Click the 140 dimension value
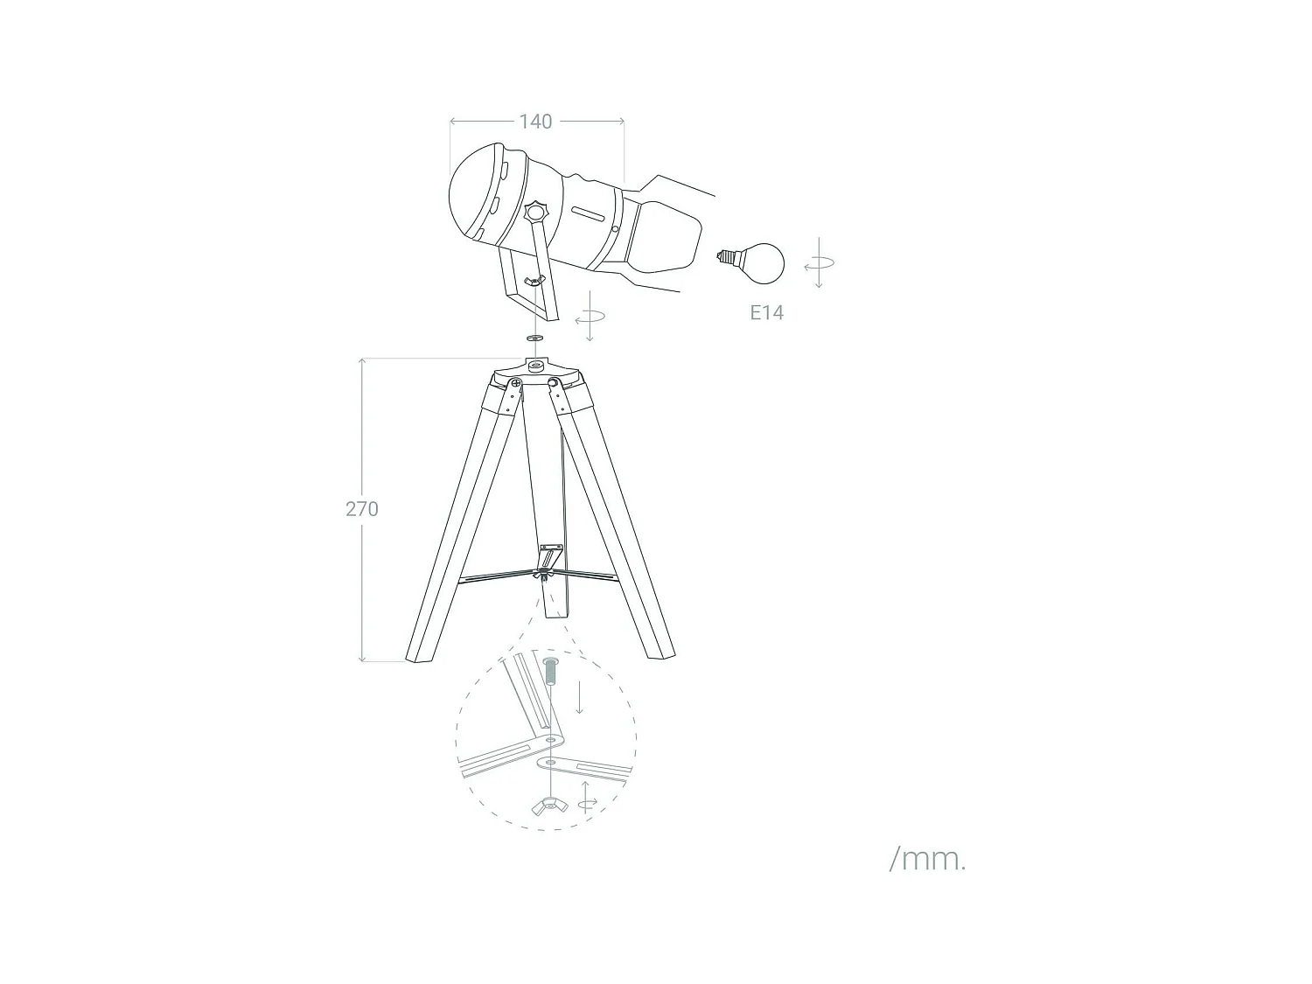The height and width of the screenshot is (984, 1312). click(x=535, y=122)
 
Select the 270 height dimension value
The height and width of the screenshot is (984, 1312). click(x=361, y=509)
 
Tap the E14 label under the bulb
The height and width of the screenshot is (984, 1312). click(x=766, y=313)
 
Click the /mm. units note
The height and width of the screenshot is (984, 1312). click(x=927, y=859)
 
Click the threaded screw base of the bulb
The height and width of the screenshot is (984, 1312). click(x=725, y=257)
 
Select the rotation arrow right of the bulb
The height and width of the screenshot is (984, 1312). click(x=819, y=262)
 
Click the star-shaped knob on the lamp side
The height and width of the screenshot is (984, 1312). click(x=534, y=212)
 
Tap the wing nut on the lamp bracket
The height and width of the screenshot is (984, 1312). click(x=534, y=280)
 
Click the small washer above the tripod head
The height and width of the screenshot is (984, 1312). click(x=535, y=337)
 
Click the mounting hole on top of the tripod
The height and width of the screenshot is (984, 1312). click(x=534, y=366)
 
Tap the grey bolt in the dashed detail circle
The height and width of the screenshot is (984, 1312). click(x=550, y=673)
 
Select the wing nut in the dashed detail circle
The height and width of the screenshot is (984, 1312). click(x=549, y=806)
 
